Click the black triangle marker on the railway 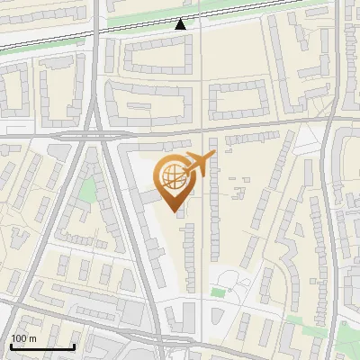point(181,24)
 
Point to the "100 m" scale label point(23,337)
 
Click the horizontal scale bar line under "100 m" point(42,346)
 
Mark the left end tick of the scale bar point(11,345)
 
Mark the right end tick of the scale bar point(74,345)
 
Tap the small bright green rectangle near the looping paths point(217,292)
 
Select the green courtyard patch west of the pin point(87,190)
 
